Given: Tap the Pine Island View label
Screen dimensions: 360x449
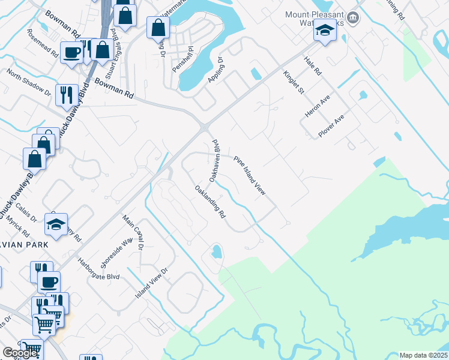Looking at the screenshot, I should [250, 175].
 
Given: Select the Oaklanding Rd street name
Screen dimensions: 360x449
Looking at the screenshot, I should [209, 202].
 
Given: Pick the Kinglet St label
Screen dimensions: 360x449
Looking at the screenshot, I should [294, 82].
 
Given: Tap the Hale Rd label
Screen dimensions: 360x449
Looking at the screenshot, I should [313, 65].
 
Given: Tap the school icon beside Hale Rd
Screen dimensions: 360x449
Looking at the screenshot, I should [324, 32].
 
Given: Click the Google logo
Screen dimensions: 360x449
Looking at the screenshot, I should [20, 353].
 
